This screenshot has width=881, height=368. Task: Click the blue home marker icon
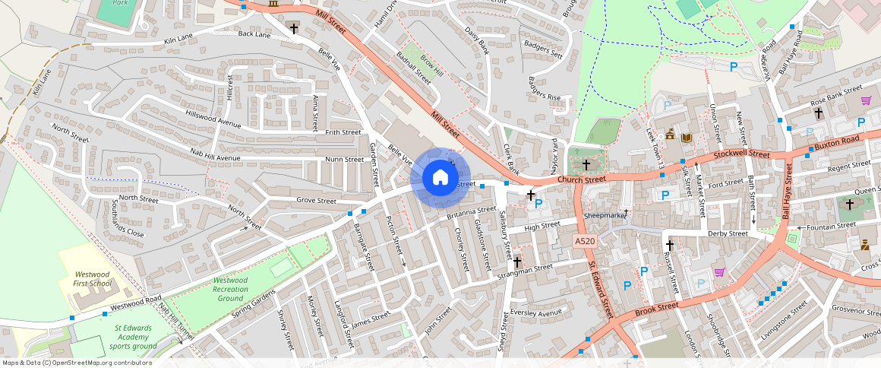click(x=439, y=178)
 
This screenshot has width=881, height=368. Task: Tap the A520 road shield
click(x=584, y=241)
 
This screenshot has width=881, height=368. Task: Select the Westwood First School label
click(x=93, y=278)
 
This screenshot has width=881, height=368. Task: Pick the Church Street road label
click(x=581, y=180)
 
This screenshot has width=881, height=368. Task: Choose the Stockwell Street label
click(x=740, y=154)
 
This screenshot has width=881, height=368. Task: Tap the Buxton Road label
click(x=836, y=141)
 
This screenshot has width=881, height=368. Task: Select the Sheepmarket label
click(x=605, y=215)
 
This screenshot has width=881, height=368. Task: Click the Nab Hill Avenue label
click(x=215, y=158)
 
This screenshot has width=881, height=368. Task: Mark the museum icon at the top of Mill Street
click(x=273, y=5)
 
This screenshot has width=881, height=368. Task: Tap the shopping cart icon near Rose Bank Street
click(x=865, y=100)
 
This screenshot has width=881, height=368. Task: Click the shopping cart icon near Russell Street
click(x=718, y=273)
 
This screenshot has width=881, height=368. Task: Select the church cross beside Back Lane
click(x=294, y=29)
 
